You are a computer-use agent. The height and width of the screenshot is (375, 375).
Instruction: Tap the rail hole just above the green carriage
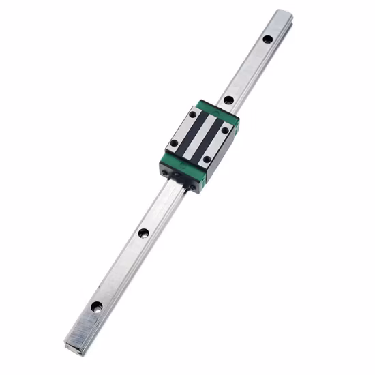(x=228, y=100)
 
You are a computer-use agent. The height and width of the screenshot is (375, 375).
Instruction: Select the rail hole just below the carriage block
(x=143, y=232)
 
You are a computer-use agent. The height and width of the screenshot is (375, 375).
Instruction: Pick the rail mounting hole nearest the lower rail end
(x=98, y=307)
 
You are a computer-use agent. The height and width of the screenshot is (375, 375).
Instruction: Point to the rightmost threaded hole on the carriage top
(x=225, y=130)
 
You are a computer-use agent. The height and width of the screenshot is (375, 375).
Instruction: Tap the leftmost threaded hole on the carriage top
(x=175, y=143)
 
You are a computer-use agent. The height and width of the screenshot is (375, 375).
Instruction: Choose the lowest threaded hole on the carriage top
(x=206, y=160)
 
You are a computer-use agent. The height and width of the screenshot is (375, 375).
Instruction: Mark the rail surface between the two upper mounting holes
(x=248, y=69)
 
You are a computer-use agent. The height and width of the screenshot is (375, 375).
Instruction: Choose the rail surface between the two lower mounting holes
(x=121, y=270)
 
